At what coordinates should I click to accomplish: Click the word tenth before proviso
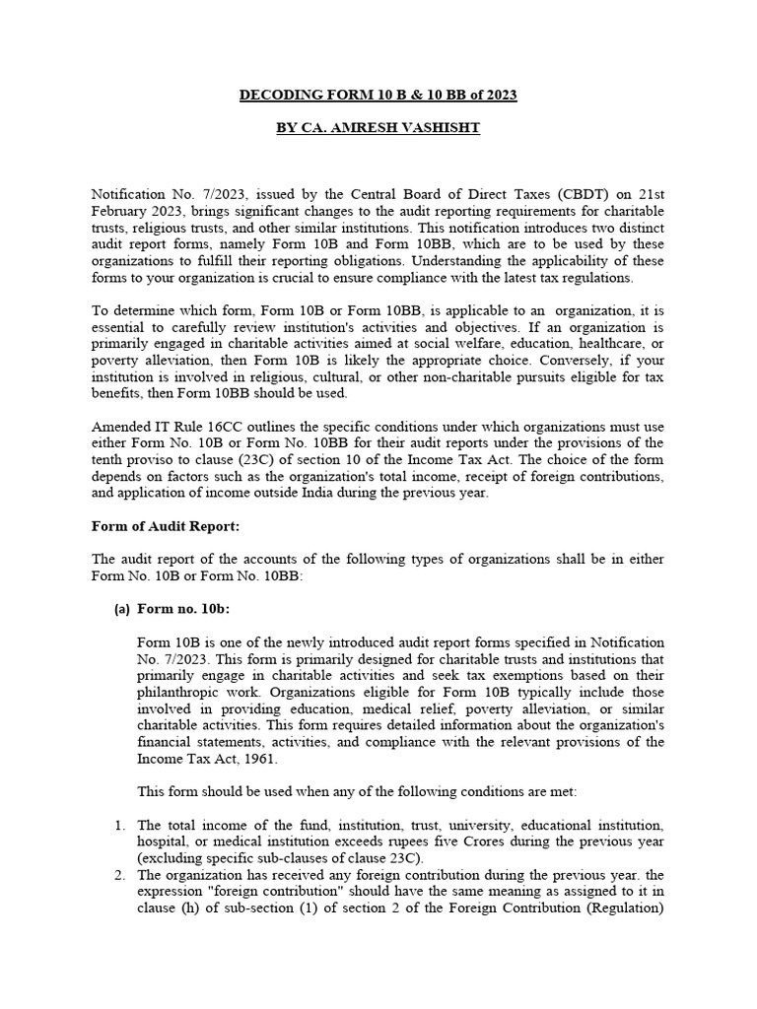tap(109, 459)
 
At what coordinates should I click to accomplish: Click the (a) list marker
tap(123, 609)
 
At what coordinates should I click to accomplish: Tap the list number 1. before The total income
tap(118, 825)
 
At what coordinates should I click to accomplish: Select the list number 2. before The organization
tap(118, 875)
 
